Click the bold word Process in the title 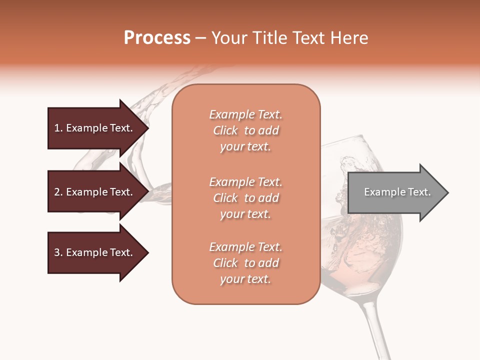coord(157,38)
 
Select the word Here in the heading coord(350,38)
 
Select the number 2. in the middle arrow coord(58,192)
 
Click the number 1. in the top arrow coord(58,128)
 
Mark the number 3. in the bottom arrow coord(58,252)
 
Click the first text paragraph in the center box coord(245,130)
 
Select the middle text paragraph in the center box coord(245,198)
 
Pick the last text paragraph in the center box coord(245,263)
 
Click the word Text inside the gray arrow coord(419,192)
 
